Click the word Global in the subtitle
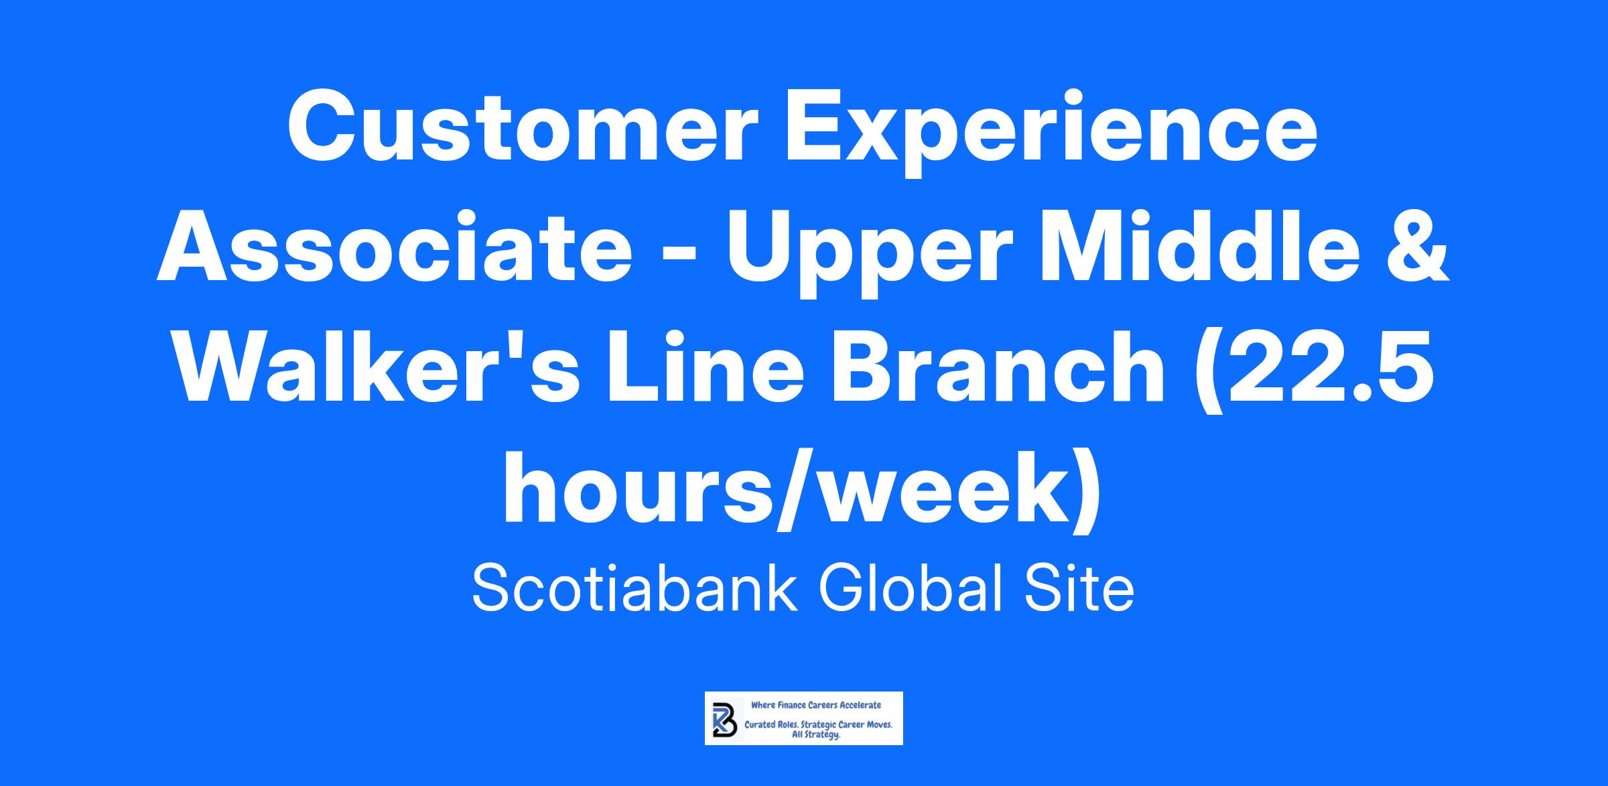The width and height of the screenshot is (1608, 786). pos(916,589)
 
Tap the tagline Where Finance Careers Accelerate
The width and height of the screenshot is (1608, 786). pos(816,705)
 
